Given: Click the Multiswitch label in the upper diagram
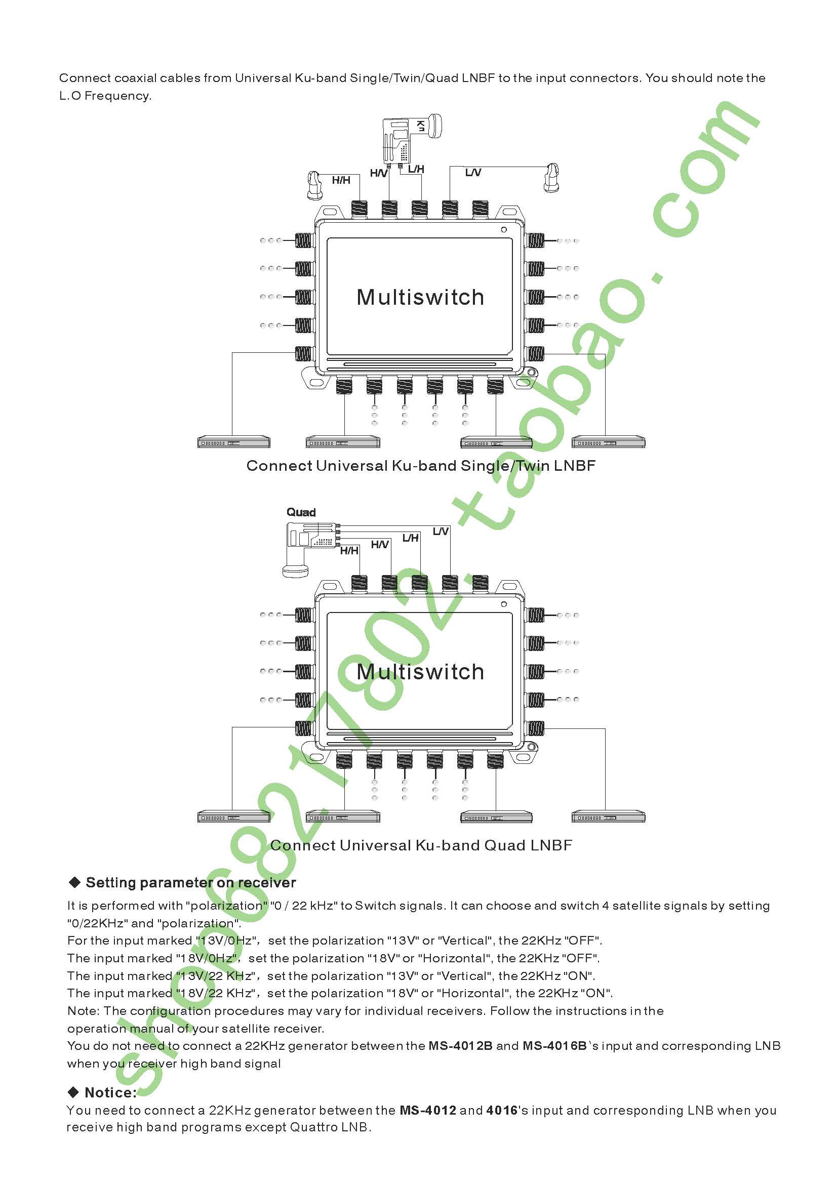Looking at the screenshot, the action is pyautogui.click(x=420, y=298).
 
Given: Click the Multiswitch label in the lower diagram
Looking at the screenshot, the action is pyautogui.click(x=420, y=672).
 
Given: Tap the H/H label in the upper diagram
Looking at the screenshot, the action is pyautogui.click(x=341, y=180).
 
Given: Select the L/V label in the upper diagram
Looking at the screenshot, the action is pyautogui.click(x=473, y=172).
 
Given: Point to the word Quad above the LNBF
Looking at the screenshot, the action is pyautogui.click(x=301, y=512).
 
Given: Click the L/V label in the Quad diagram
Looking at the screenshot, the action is pyautogui.click(x=441, y=531).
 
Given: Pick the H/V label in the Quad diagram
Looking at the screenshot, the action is pyautogui.click(x=380, y=545).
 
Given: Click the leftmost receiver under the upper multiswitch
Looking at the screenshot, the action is pyautogui.click(x=233, y=442).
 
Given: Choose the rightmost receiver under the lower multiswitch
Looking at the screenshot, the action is pyautogui.click(x=608, y=817).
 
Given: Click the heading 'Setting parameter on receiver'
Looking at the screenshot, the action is pyautogui.click(x=190, y=882).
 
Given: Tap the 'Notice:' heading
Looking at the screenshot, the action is pyautogui.click(x=110, y=1092).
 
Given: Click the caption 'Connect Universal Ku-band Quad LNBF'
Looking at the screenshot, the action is pyautogui.click(x=421, y=845).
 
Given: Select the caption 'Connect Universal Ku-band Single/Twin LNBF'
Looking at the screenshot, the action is pyautogui.click(x=421, y=466).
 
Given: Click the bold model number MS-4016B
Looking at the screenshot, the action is pyautogui.click(x=554, y=1046).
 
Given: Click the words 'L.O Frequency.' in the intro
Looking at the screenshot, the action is pyautogui.click(x=105, y=95).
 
